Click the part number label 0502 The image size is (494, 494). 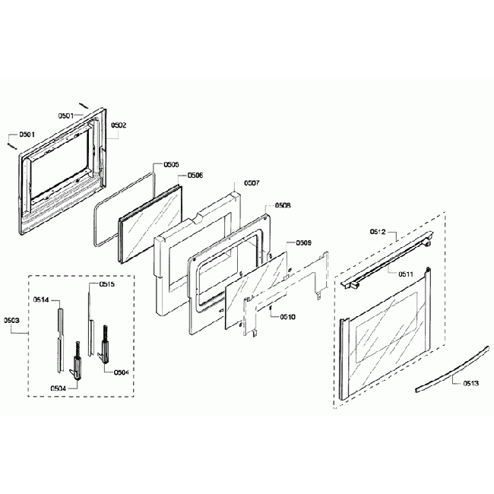119,125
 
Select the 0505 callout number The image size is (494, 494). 171,164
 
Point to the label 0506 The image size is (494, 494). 195,175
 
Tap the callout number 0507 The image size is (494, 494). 252,184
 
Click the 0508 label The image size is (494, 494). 282,205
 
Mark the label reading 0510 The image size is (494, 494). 288,316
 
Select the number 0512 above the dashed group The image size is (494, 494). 378,230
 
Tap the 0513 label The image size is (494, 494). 471,384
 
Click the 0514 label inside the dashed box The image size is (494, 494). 41,301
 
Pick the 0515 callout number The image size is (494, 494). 107,285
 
